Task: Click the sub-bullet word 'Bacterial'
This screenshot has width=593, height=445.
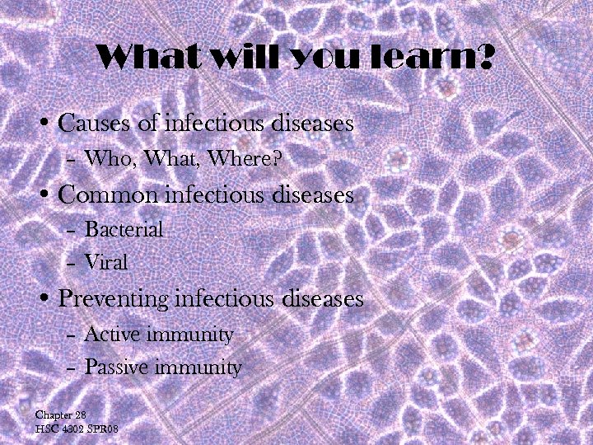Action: (124, 228)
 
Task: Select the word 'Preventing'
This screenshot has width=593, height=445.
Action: (114, 299)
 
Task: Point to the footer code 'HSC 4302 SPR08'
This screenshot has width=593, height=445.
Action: (77, 429)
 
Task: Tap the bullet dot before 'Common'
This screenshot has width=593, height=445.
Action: (47, 196)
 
